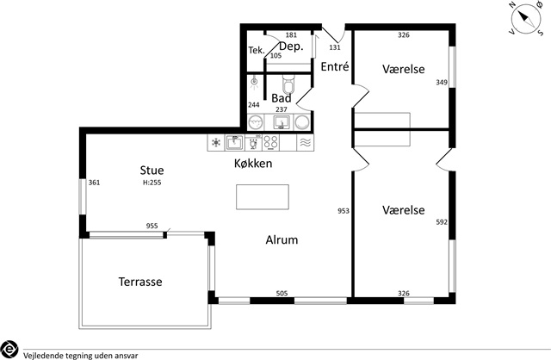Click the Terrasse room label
140,282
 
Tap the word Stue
152,171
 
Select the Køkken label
253,163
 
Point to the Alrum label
282,239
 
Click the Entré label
335,66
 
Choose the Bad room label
282,97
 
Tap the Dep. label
291,47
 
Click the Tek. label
257,50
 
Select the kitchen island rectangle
263,197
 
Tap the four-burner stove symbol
270,143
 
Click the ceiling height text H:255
152,183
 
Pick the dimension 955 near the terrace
152,226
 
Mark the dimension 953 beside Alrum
344,211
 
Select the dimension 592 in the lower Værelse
442,222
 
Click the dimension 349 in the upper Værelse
442,83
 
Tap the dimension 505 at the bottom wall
282,293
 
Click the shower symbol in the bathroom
254,83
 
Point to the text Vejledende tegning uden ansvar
80,356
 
